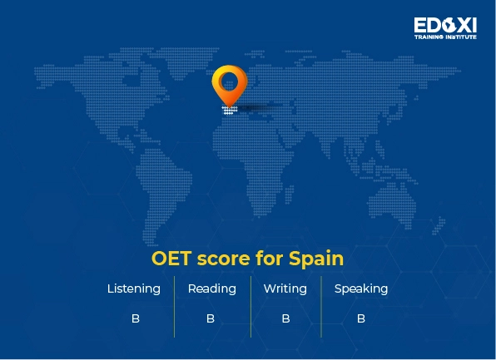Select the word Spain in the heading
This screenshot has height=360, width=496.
316,259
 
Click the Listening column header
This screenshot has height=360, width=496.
134,289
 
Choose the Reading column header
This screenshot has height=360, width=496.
211,289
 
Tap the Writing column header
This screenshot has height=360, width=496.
285,289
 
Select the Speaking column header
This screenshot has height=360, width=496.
361,289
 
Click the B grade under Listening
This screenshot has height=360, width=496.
135,318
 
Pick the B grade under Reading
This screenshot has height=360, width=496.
211,318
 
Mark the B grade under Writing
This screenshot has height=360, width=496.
285,318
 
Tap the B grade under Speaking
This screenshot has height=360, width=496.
361,318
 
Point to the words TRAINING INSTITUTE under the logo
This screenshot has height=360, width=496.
445,37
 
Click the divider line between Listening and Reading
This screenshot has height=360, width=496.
175,306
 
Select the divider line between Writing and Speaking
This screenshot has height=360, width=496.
321,306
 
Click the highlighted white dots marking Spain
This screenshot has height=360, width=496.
229,110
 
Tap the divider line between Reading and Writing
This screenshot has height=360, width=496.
250,306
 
